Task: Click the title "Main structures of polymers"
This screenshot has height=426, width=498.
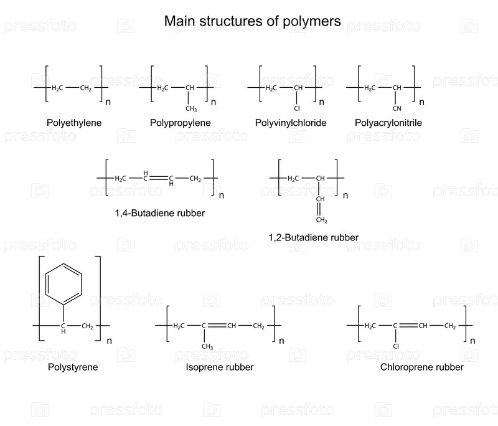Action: pos(252,21)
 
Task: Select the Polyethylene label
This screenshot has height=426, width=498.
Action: pos(74,123)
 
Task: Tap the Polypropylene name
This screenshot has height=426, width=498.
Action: pos(181,123)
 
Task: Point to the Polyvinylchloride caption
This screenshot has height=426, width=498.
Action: pos(291,123)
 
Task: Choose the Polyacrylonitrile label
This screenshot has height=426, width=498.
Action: pos(388,123)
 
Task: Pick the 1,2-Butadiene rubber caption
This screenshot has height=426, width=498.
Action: pos(313,237)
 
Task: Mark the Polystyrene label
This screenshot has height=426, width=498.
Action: pos(73,367)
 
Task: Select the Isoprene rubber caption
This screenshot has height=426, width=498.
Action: pos(220,367)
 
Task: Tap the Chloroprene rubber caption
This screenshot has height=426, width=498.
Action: pos(422,367)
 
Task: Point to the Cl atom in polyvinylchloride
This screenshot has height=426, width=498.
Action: pos(298,108)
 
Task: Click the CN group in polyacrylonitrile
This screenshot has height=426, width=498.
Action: pos(397,108)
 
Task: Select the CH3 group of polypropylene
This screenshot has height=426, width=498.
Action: pos(191,108)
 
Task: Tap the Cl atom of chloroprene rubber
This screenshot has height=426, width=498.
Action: pos(395,346)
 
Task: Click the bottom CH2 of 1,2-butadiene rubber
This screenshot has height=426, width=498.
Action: pos(321,220)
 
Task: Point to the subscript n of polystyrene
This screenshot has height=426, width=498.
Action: pos(110,340)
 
